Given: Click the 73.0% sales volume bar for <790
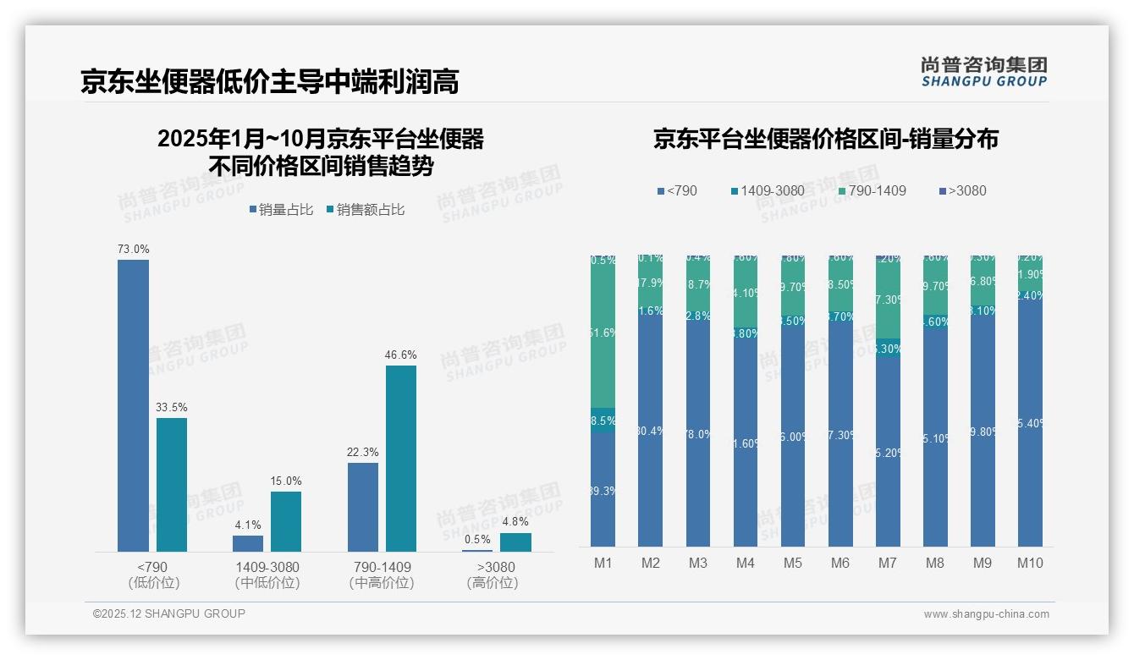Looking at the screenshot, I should [x=133, y=405].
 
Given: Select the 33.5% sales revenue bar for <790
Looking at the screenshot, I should [x=171, y=484].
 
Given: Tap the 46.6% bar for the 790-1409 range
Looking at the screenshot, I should [x=401, y=458].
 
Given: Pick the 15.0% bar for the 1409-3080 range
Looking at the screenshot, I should [x=286, y=521].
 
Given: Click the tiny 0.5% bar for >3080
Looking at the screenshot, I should [x=477, y=550].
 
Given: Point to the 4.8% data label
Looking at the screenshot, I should [x=515, y=522].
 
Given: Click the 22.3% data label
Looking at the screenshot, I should [x=362, y=453].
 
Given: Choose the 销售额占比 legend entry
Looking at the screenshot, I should [x=366, y=210].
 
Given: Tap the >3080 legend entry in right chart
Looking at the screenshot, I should [x=962, y=190].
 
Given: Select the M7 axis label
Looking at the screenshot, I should [x=887, y=564].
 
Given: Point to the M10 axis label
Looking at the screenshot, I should [x=1029, y=564].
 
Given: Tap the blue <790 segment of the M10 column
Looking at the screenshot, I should [x=1030, y=423].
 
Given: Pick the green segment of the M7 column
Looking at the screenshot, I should [x=888, y=300].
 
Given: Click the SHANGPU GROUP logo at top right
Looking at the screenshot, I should [x=983, y=72].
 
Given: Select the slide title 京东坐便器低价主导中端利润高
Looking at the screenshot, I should [x=270, y=82].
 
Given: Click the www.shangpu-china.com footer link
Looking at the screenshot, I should [x=986, y=614].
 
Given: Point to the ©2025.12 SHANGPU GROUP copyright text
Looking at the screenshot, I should [x=169, y=613].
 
